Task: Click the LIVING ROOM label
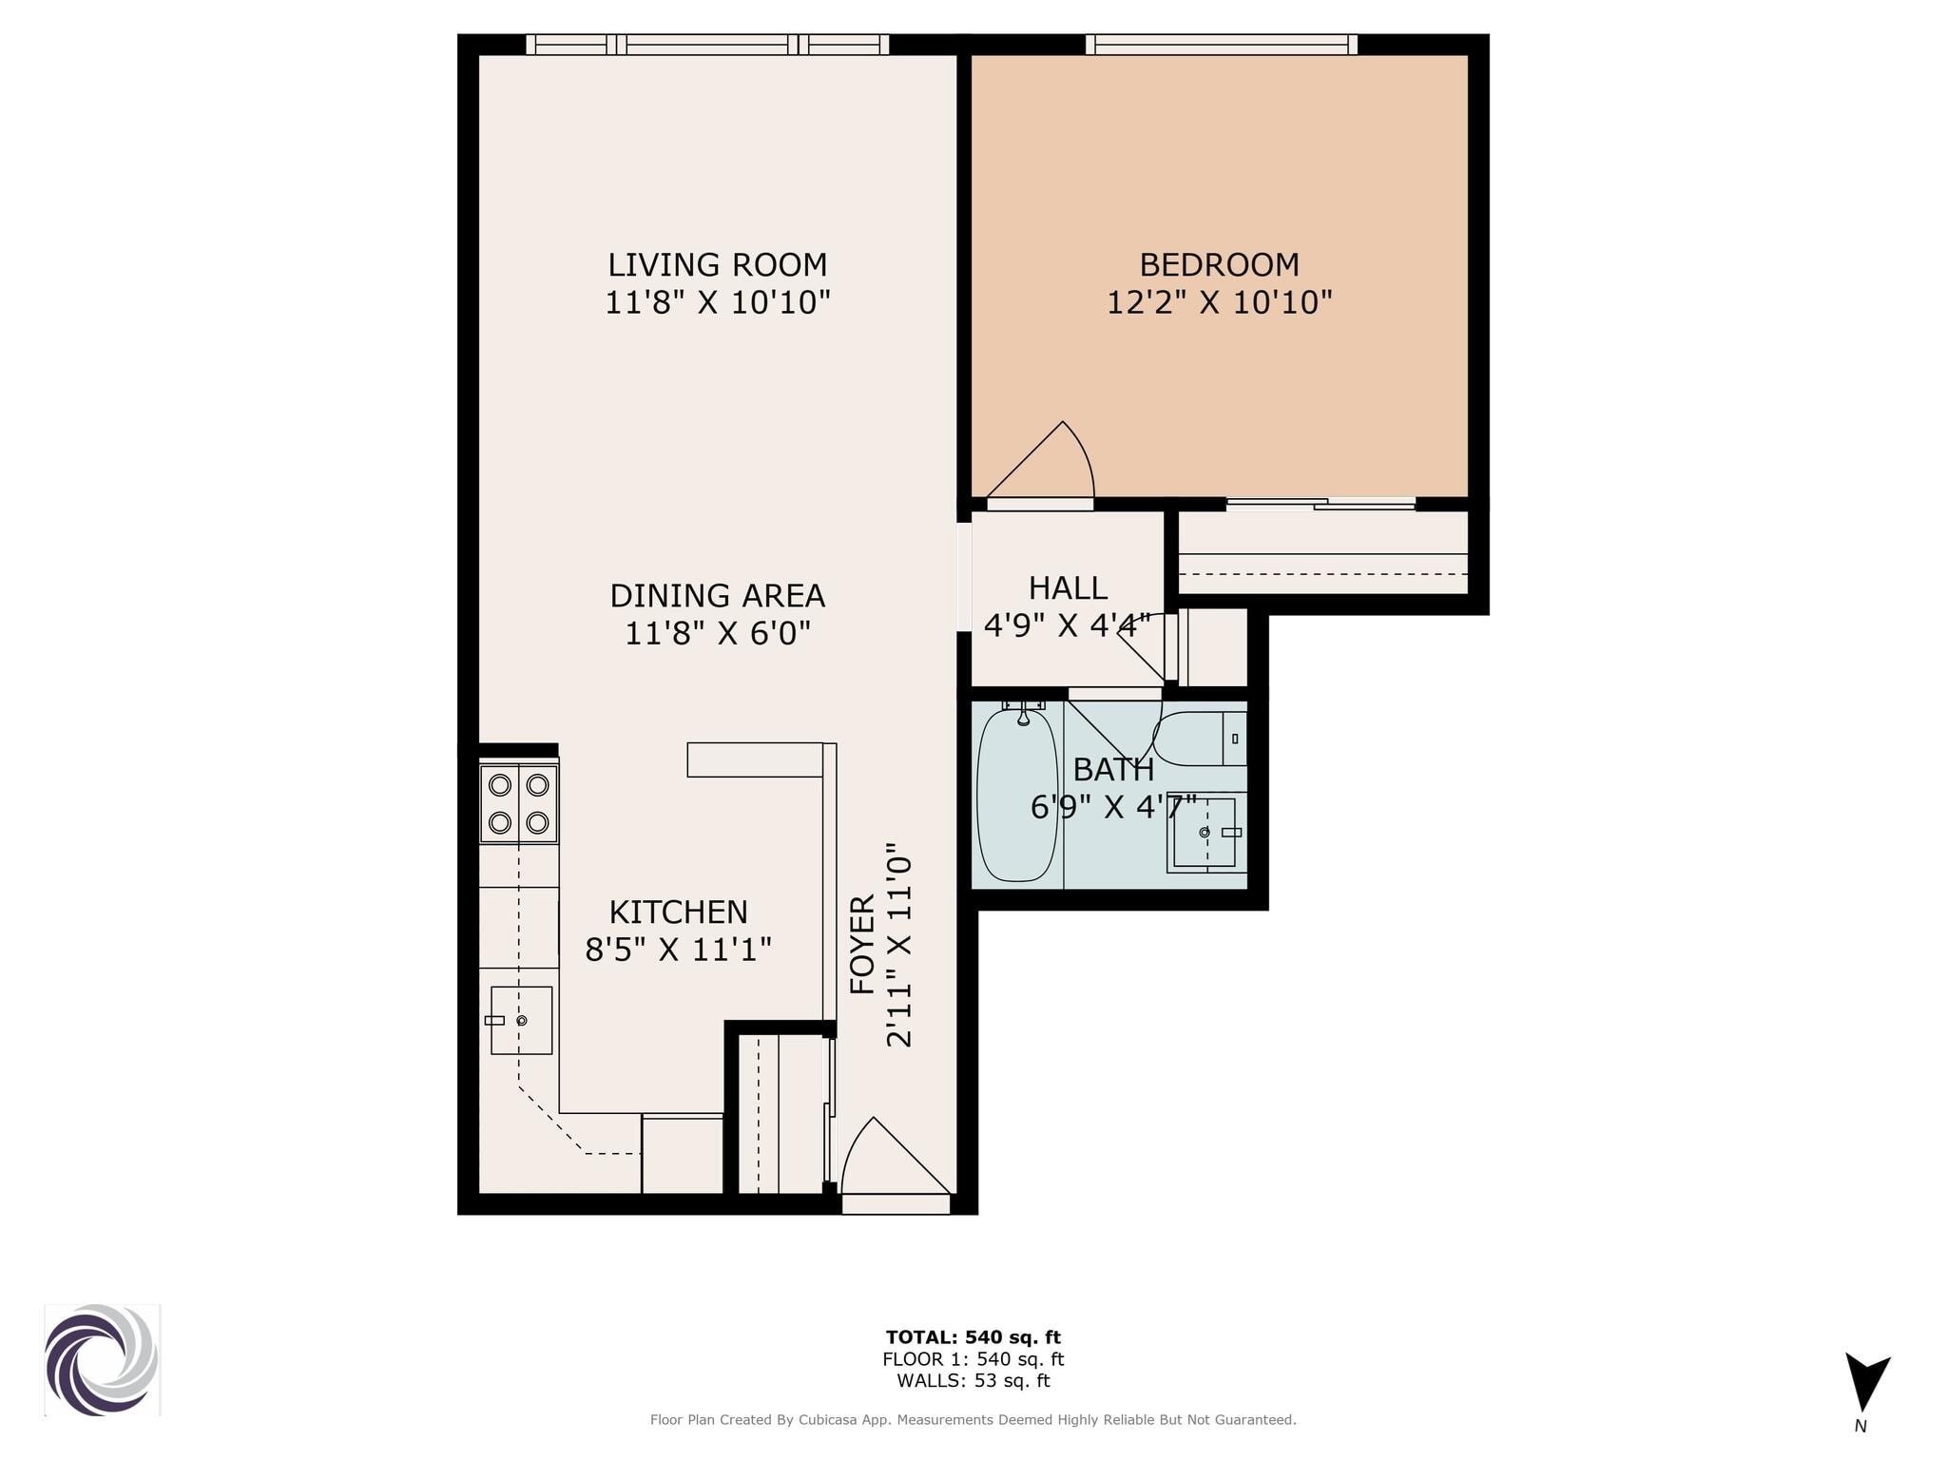pyautogui.click(x=718, y=264)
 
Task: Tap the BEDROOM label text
pyautogui.click(x=1219, y=264)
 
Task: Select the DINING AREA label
pyautogui.click(x=718, y=596)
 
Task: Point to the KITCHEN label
pyautogui.click(x=679, y=912)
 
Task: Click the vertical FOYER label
pyautogui.click(x=862, y=945)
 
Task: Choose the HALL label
pyautogui.click(x=1068, y=588)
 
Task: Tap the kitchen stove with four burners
pyautogui.click(x=518, y=803)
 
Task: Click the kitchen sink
pyautogui.click(x=521, y=1020)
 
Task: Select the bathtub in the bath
pyautogui.click(x=1017, y=794)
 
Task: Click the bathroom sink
pyautogui.click(x=1205, y=833)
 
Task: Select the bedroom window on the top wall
pyautogui.click(x=1222, y=45)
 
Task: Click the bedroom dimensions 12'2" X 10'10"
pyautogui.click(x=1220, y=303)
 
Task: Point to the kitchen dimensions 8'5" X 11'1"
pyautogui.click(x=678, y=950)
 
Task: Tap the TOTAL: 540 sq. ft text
pyautogui.click(x=973, y=1337)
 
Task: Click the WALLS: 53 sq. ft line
pyautogui.click(x=973, y=1381)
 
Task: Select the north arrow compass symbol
pyautogui.click(x=1867, y=1383)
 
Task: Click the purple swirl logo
pyautogui.click(x=102, y=1360)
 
